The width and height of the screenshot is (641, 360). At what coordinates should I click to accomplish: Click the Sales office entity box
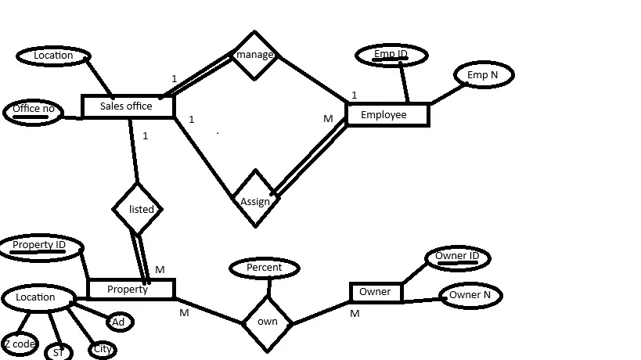pos(128,106)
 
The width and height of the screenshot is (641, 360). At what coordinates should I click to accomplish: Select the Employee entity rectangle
pos(387,115)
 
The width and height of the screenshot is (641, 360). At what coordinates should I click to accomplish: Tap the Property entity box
pos(130,290)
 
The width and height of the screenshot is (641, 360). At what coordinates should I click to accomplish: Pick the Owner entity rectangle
pos(376,293)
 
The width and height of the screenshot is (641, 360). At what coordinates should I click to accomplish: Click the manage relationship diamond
pos(254,55)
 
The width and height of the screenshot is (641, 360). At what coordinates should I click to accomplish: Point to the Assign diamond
pos(255,200)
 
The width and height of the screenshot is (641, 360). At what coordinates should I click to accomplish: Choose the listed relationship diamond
pos(138,209)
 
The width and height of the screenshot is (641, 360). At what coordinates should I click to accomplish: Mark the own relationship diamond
pos(267,322)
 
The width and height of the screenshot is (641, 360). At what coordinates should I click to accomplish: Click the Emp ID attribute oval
pos(391,55)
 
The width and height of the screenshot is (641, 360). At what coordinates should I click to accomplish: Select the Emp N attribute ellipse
pos(483,75)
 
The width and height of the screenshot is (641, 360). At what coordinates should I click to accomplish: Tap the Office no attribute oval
pos(33,110)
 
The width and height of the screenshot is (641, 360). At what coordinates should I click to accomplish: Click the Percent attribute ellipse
pos(265,268)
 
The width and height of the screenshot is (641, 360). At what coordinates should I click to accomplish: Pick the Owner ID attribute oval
pos(457,257)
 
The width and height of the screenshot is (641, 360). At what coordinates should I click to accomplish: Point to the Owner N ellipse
pos(470,295)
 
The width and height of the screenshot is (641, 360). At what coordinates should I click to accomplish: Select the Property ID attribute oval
pos(40,246)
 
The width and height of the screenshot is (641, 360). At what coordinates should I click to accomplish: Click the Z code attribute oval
pos(19,344)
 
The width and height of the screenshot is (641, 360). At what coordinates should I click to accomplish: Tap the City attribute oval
pos(102,349)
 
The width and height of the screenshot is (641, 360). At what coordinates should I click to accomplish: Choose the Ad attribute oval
pos(118,322)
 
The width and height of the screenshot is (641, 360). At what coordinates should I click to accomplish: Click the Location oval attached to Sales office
pos(53,56)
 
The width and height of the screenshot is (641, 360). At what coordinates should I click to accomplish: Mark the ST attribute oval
pos(58,352)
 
